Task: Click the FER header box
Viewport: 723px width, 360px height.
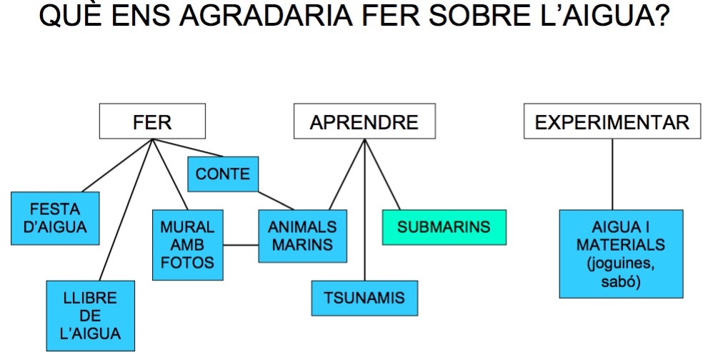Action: tap(152, 121)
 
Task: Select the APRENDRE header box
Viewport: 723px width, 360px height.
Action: tap(364, 121)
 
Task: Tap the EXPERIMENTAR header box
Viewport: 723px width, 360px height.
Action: tap(612, 121)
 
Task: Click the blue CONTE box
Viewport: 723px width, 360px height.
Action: tap(223, 174)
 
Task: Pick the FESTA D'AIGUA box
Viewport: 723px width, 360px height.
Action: tap(55, 218)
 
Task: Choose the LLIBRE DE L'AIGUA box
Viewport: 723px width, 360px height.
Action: tap(90, 316)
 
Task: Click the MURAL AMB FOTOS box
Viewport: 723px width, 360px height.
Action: tap(188, 245)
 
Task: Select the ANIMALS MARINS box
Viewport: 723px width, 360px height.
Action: tap(302, 236)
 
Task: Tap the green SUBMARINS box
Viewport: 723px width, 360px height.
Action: tap(444, 227)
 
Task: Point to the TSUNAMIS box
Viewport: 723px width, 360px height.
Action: tap(364, 298)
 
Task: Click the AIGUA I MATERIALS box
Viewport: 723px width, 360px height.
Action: tap(621, 254)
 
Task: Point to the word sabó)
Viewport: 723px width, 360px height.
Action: tap(621, 281)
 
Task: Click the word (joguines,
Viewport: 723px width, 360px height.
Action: tap(621, 263)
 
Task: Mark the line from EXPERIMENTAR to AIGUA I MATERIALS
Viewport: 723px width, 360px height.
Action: tap(612, 174)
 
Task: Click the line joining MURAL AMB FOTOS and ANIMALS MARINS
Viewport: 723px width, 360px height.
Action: tap(241, 245)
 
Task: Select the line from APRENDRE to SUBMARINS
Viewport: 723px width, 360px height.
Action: tap(382, 174)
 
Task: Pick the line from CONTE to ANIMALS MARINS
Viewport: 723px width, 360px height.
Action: tap(276, 201)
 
